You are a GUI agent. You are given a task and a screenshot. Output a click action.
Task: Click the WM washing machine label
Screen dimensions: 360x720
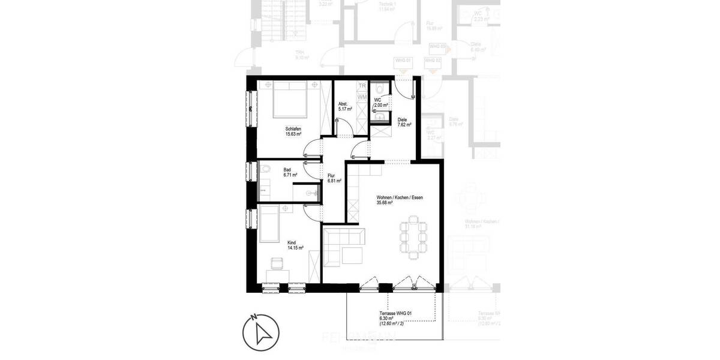362,96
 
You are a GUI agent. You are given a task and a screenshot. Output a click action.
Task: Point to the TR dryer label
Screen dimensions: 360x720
362,86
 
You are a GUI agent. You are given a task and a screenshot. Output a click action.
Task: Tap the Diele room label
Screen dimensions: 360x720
402,120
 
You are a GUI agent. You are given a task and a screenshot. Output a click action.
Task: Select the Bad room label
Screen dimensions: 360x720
287,170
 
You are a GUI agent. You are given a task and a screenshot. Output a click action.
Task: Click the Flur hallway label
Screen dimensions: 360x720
331,176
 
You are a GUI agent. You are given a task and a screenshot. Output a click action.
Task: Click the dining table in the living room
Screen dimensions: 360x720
414,238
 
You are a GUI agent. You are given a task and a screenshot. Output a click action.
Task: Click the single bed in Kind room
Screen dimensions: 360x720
269,223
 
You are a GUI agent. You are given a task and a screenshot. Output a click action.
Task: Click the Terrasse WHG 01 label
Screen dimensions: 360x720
397,313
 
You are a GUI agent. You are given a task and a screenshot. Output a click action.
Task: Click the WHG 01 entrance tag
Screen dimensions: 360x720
403,61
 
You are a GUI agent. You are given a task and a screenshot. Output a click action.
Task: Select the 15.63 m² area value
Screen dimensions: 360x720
293,134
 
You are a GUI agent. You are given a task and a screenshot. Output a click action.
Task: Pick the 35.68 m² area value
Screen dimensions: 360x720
385,203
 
